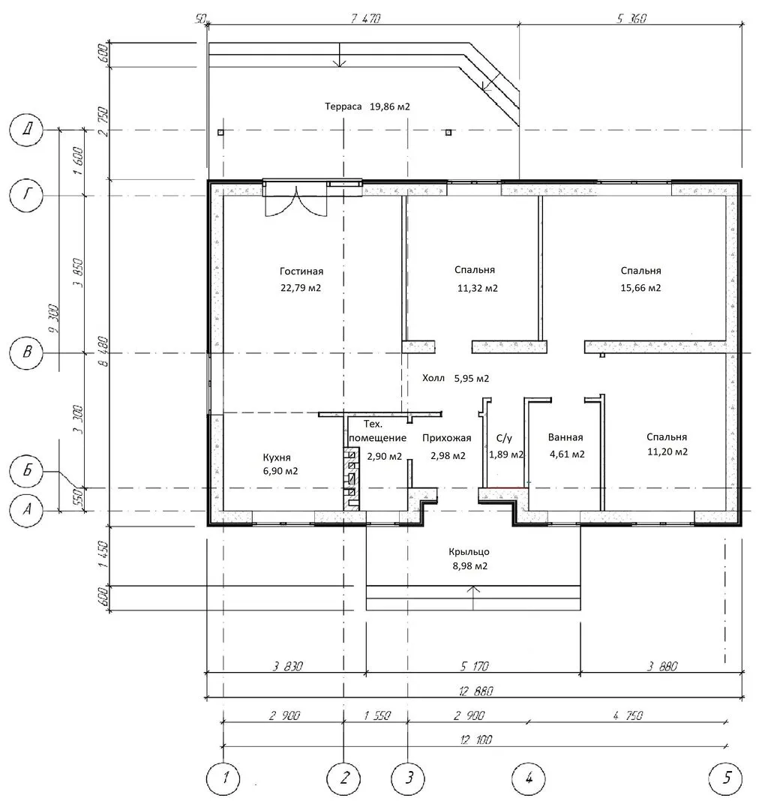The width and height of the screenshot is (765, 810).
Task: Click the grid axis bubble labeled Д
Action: tap(26, 129)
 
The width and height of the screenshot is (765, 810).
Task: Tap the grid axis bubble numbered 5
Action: tap(726, 777)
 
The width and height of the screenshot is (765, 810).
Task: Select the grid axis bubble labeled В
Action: tap(26, 352)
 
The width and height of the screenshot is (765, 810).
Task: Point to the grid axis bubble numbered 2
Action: tap(344, 777)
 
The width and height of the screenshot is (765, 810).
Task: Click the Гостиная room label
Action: tap(301, 271)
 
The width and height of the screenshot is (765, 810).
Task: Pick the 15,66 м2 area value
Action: tap(640, 288)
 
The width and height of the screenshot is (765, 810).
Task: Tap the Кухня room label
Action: tap(277, 457)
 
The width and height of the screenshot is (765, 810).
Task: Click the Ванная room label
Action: tap(565, 437)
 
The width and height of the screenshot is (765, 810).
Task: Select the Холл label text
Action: tap(433, 378)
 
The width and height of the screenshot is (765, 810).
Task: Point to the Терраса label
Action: tap(343, 107)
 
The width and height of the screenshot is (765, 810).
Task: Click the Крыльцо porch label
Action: tap(469, 552)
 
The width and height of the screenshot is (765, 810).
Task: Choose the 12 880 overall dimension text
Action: tap(475, 691)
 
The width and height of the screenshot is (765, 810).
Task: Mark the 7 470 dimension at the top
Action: tap(366, 19)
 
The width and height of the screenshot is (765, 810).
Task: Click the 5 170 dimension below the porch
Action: tap(474, 667)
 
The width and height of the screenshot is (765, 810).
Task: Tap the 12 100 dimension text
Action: tap(475, 739)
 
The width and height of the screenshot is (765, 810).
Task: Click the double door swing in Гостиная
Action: tap(296, 202)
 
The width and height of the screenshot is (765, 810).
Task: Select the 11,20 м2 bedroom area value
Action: tap(667, 452)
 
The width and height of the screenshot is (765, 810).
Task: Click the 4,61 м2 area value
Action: tap(567, 454)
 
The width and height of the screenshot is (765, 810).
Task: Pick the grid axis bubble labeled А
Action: tap(26, 510)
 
